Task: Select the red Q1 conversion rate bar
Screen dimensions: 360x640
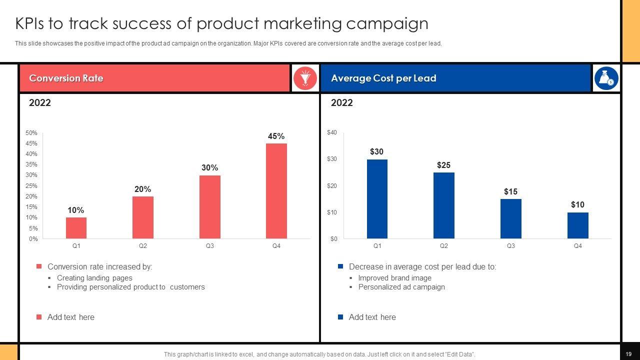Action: point(76,228)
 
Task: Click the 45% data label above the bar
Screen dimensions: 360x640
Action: point(276,136)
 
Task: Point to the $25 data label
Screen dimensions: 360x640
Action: point(443,165)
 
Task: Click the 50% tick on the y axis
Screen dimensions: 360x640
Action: point(31,133)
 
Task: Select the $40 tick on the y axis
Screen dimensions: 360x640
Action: point(332,132)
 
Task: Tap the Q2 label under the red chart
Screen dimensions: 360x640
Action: point(143,246)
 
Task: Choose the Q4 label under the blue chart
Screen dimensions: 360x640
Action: point(577,246)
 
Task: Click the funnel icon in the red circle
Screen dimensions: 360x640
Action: point(305,78)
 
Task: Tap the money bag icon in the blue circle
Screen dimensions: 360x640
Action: point(606,78)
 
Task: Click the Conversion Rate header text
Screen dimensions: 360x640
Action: point(66,78)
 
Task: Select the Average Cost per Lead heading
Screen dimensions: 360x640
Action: point(383,78)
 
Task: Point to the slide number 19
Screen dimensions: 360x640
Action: point(628,354)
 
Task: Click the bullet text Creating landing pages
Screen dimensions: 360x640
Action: point(94,278)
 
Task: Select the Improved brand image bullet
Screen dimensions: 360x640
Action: point(394,278)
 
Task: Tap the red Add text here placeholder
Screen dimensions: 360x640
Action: point(70,317)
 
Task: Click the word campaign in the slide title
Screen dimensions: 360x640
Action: point(387,23)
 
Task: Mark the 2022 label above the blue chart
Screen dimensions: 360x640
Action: point(342,103)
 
